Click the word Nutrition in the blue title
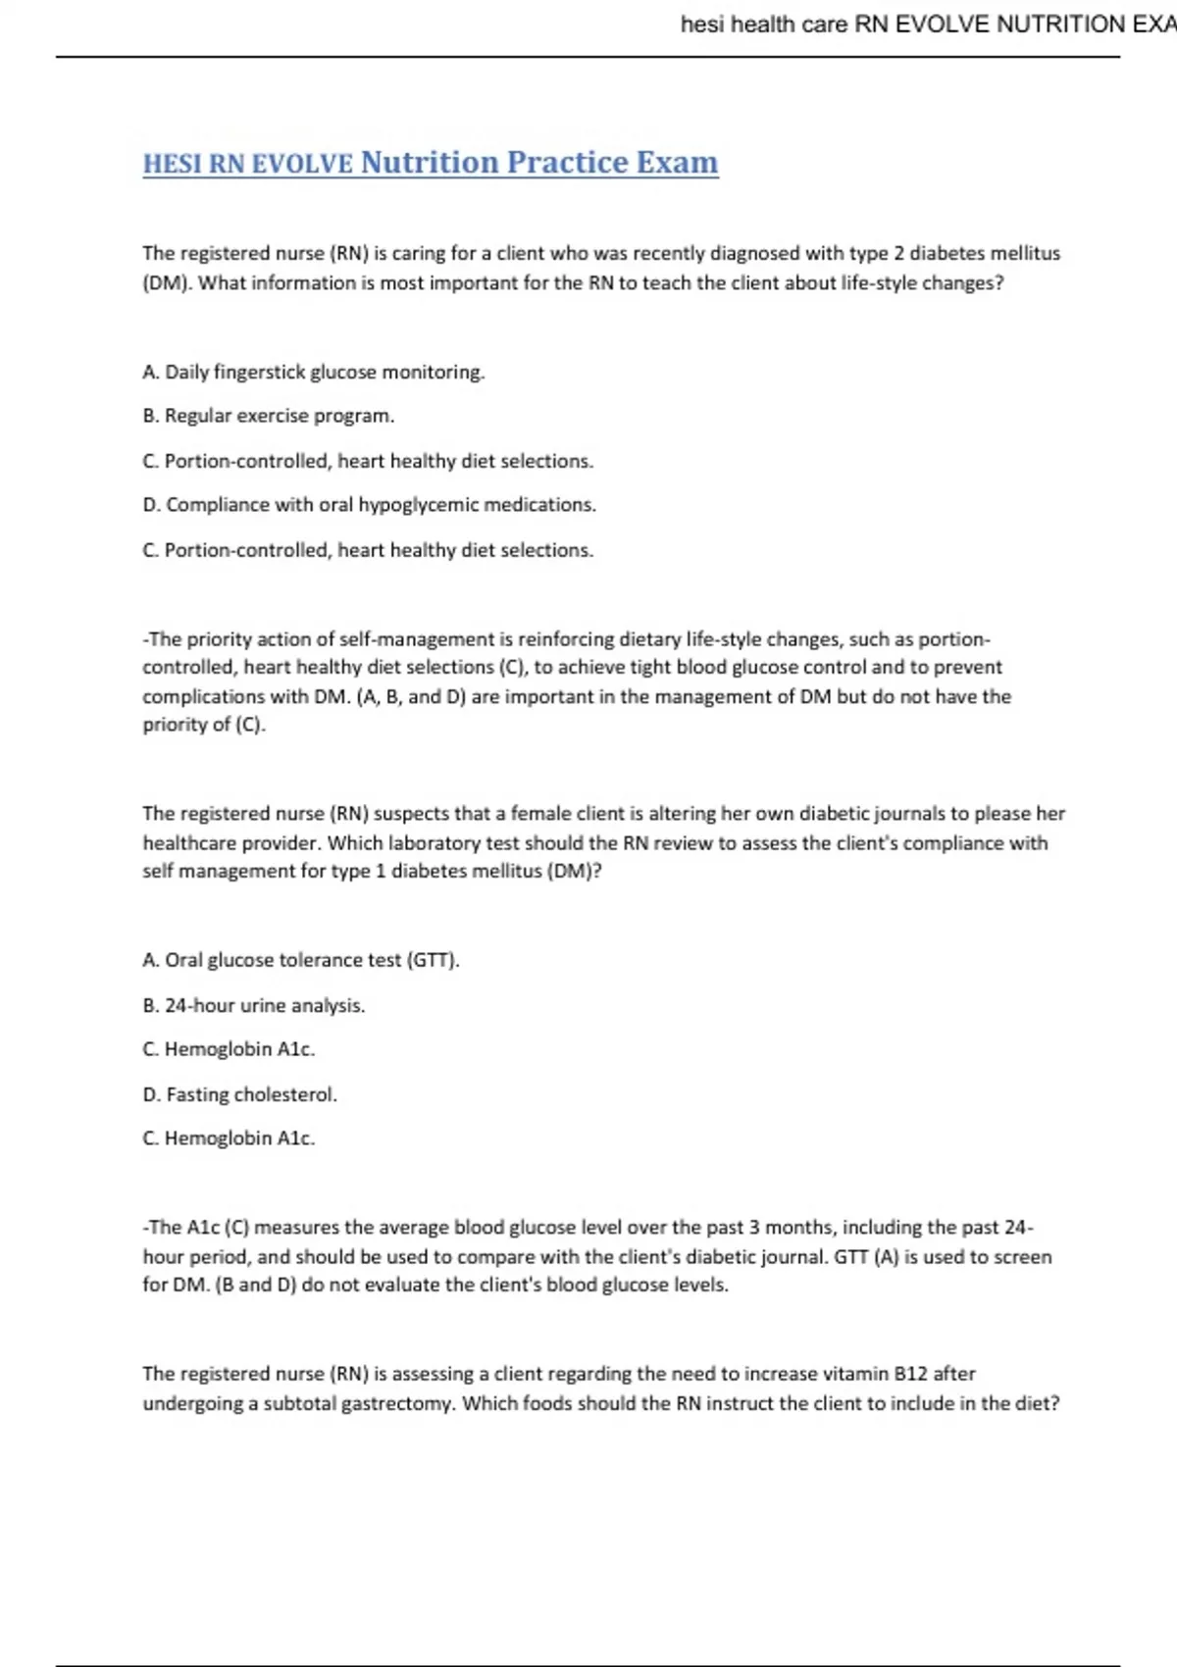[429, 162]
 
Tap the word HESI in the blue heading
[173, 164]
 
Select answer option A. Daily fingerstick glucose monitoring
[314, 372]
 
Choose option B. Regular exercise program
[269, 416]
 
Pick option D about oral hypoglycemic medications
[370, 505]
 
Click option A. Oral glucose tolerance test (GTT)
[301, 960]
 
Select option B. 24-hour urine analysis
[254, 1005]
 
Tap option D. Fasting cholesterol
[240, 1094]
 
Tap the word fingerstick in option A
[259, 372]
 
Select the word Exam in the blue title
[677, 162]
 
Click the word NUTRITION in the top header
[1059, 24]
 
